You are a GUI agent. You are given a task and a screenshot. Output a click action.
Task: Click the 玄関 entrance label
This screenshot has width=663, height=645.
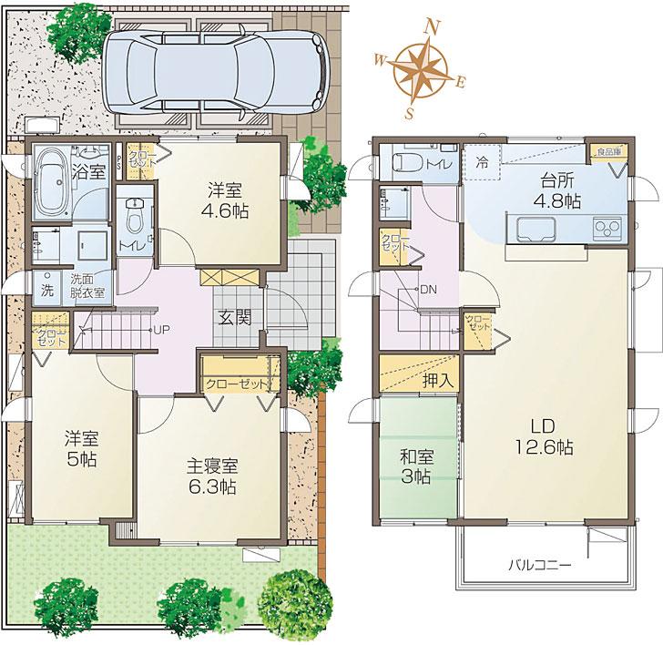tap(232, 317)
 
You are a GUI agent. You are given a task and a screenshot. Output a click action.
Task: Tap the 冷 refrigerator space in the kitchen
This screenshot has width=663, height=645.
tap(481, 163)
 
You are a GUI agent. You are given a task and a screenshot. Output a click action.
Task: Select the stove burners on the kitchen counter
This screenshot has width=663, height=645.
tap(607, 227)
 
